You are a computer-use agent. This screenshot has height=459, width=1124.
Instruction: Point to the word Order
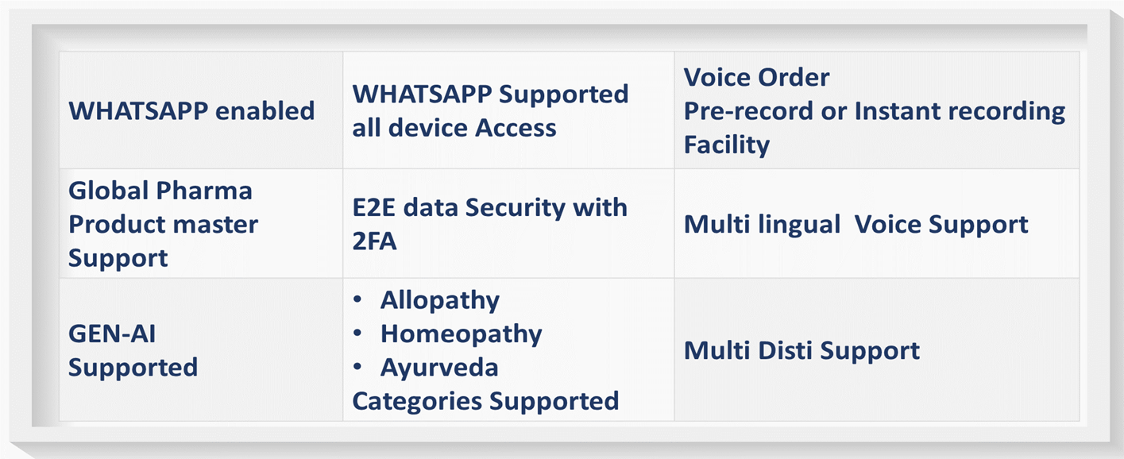(790, 78)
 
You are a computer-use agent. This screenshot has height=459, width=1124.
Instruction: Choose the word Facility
(727, 145)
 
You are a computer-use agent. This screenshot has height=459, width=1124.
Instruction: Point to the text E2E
(376, 207)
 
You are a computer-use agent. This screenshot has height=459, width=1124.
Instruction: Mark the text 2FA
(374, 241)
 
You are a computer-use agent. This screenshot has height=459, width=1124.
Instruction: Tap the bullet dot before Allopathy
(357, 301)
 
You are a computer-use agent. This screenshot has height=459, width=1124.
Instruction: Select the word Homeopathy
(461, 334)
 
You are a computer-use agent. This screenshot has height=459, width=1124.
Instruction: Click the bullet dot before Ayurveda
(357, 368)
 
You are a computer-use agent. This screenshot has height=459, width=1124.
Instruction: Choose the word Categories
(417, 402)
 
